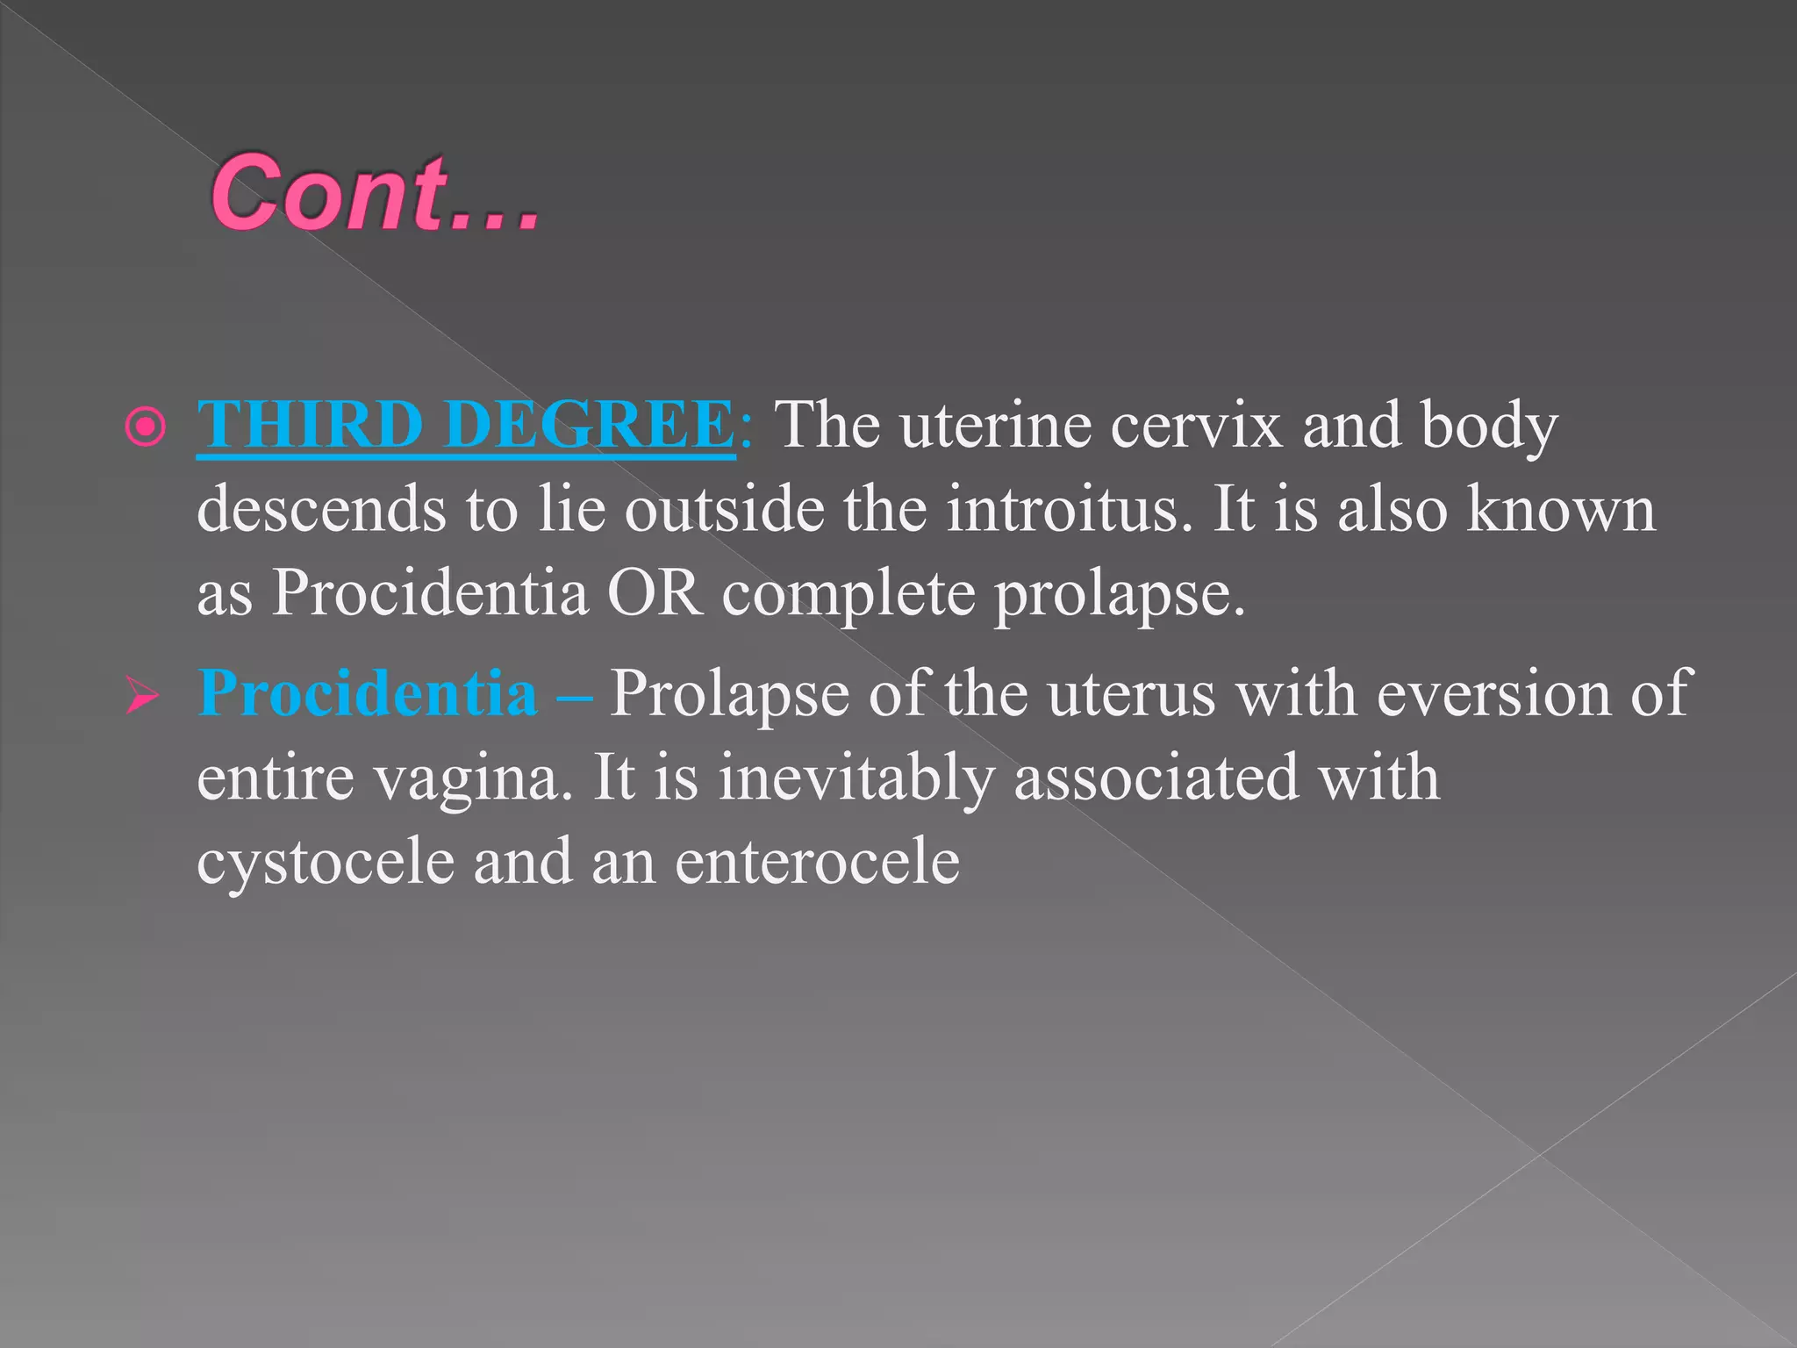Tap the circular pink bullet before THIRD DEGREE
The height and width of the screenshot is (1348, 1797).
click(x=146, y=427)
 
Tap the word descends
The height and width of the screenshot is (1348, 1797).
click(x=321, y=510)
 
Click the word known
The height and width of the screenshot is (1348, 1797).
click(x=1561, y=510)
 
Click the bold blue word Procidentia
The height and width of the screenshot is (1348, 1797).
click(x=368, y=693)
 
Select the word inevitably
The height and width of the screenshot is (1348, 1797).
click(x=856, y=778)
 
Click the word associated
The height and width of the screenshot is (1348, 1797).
click(x=1155, y=778)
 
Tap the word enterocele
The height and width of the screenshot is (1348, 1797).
click(x=817, y=862)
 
